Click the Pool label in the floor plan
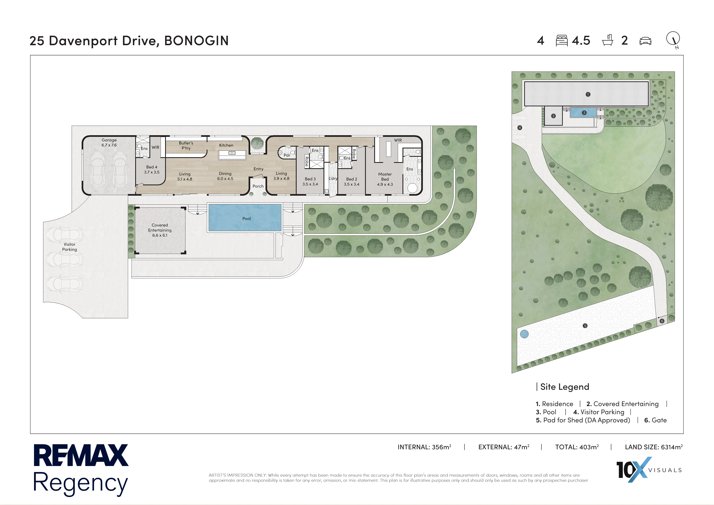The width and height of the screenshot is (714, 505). (246, 219)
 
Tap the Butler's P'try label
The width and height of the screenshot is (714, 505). (186, 146)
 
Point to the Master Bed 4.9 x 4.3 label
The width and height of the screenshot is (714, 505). (385, 179)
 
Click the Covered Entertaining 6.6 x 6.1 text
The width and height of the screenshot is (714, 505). (160, 230)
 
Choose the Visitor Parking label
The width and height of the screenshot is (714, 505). (69, 247)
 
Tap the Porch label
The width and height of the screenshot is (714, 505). (258, 186)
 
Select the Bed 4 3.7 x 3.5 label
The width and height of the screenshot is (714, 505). (152, 169)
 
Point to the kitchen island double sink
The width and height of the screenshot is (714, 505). (232, 153)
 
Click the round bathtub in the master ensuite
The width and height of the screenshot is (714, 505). (412, 188)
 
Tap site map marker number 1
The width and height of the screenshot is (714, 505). (588, 94)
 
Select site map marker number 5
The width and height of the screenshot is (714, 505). (585, 326)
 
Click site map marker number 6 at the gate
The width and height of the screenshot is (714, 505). (662, 321)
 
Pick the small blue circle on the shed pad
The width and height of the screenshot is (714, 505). (524, 334)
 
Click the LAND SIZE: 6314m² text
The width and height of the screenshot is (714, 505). (654, 447)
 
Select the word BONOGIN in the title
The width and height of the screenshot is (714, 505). (196, 41)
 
